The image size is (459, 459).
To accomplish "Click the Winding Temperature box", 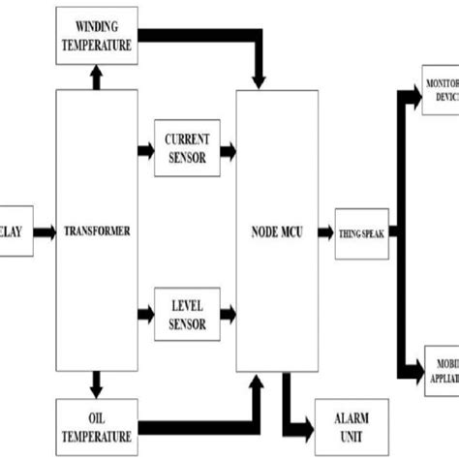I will [96, 33].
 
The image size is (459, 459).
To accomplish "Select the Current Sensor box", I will [187, 150].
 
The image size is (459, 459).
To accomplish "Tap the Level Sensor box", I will [187, 314].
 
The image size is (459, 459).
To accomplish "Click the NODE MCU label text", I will [277, 232].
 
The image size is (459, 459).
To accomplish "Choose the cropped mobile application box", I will [441, 370].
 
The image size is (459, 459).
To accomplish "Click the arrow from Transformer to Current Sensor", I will [143, 150].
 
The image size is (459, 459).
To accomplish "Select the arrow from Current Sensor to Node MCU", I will [229, 150].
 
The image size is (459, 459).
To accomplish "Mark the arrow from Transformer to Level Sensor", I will [143, 314].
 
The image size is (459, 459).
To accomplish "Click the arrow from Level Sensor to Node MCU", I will [229, 314].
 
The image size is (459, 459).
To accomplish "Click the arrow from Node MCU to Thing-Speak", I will [327, 232].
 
